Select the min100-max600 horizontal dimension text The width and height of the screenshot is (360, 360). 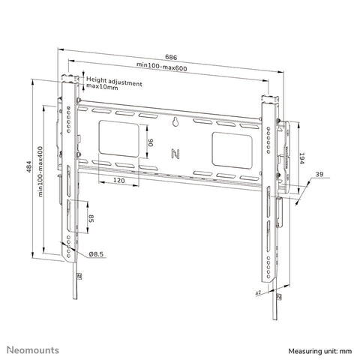tap(171, 67)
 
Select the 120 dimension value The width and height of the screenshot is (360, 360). tap(117, 181)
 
